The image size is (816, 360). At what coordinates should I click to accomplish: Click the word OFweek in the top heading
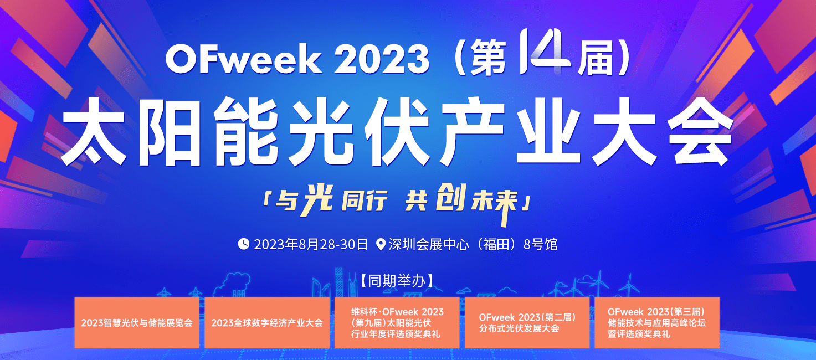coord(243,60)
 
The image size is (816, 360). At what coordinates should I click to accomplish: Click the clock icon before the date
coord(243,244)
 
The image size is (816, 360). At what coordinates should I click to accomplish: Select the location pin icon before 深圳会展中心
coord(381,244)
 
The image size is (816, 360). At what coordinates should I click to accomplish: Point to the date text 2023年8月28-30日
coord(311,244)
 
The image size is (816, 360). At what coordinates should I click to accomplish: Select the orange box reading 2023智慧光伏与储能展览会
coord(137,323)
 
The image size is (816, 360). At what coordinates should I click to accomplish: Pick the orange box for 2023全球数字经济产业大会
coord(267,323)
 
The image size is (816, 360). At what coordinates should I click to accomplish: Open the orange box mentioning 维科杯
coord(397,323)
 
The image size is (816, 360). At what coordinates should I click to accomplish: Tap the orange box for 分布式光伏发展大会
coord(527,323)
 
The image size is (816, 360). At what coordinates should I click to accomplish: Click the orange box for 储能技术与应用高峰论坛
coord(656,323)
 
